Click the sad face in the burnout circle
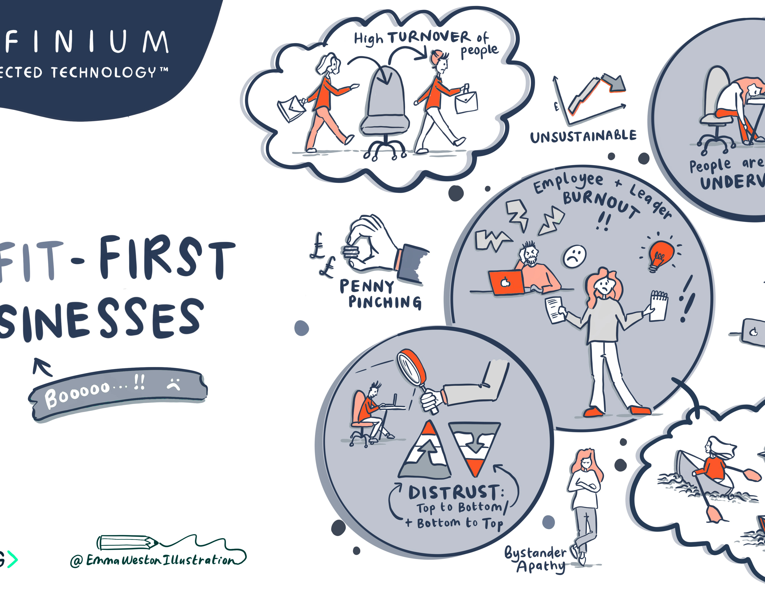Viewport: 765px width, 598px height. [574, 257]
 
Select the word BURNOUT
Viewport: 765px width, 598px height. [601, 203]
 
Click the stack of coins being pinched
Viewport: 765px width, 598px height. [351, 252]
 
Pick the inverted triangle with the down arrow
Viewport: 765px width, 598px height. [475, 446]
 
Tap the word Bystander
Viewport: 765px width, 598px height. [535, 553]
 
